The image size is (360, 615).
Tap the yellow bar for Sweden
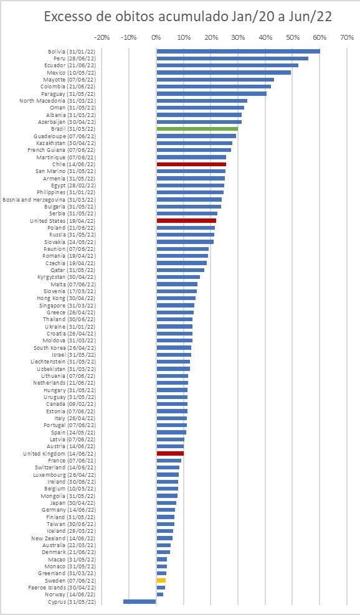[161, 580]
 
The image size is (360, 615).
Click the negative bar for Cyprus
[140, 601]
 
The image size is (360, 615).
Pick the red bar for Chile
[191, 164]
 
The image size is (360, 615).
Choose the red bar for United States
[186, 220]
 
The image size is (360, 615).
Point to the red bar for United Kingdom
[170, 454]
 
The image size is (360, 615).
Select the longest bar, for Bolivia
[238, 51]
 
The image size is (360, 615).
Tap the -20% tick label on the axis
[102, 37]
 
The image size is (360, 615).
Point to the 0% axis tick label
[156, 37]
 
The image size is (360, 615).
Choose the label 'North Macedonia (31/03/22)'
[58, 101]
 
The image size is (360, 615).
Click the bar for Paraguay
[211, 93]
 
